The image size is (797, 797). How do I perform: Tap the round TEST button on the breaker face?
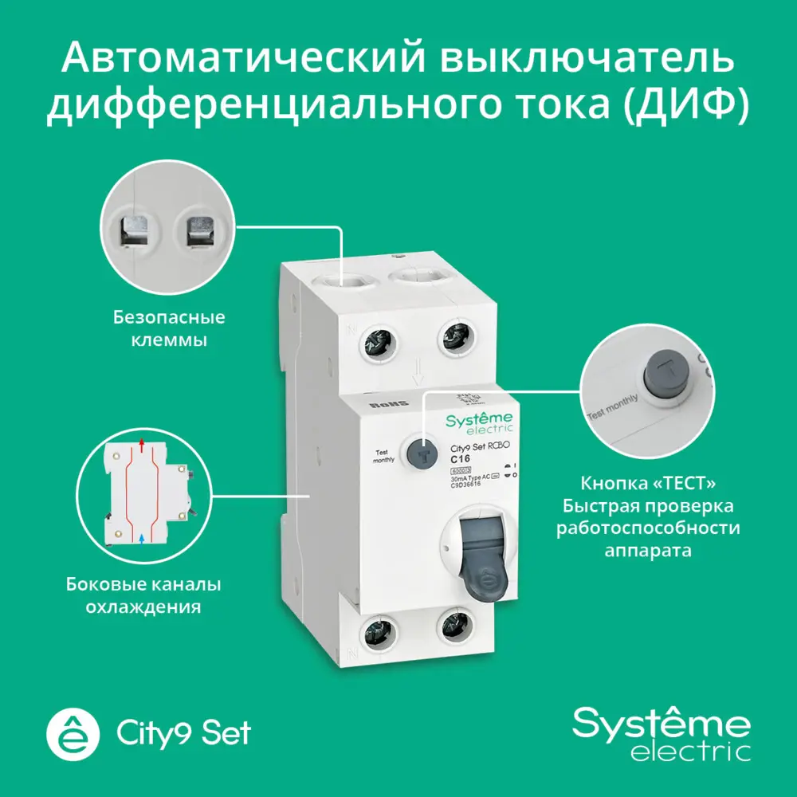tap(419, 453)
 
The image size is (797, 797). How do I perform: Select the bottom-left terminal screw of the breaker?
tap(378, 636)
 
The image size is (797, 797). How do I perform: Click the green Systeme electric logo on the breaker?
tap(479, 423)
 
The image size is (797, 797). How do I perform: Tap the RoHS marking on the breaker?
tap(387, 405)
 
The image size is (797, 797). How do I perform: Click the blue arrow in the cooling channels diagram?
tap(141, 540)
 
